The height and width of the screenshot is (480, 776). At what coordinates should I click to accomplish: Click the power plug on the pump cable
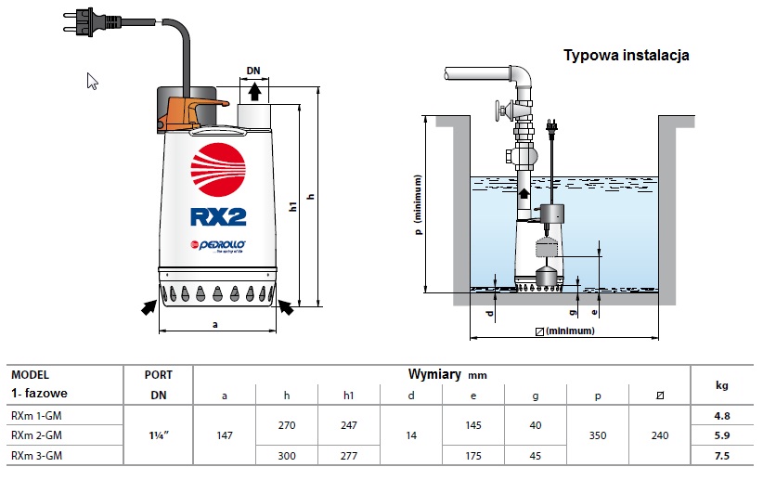point(92,22)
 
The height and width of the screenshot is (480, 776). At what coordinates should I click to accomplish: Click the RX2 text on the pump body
point(218,216)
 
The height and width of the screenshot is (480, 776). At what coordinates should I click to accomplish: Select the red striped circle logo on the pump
point(218,170)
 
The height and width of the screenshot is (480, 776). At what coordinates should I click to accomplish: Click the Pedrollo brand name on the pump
point(222,245)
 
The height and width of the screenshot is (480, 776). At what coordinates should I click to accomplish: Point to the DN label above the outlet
point(253,71)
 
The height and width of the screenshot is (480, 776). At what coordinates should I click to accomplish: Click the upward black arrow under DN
point(254,92)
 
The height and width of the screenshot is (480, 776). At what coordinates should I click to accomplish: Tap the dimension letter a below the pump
point(214,325)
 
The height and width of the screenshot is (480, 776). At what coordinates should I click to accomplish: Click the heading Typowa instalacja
point(626,55)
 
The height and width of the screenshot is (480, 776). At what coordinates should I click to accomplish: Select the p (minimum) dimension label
point(419,204)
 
